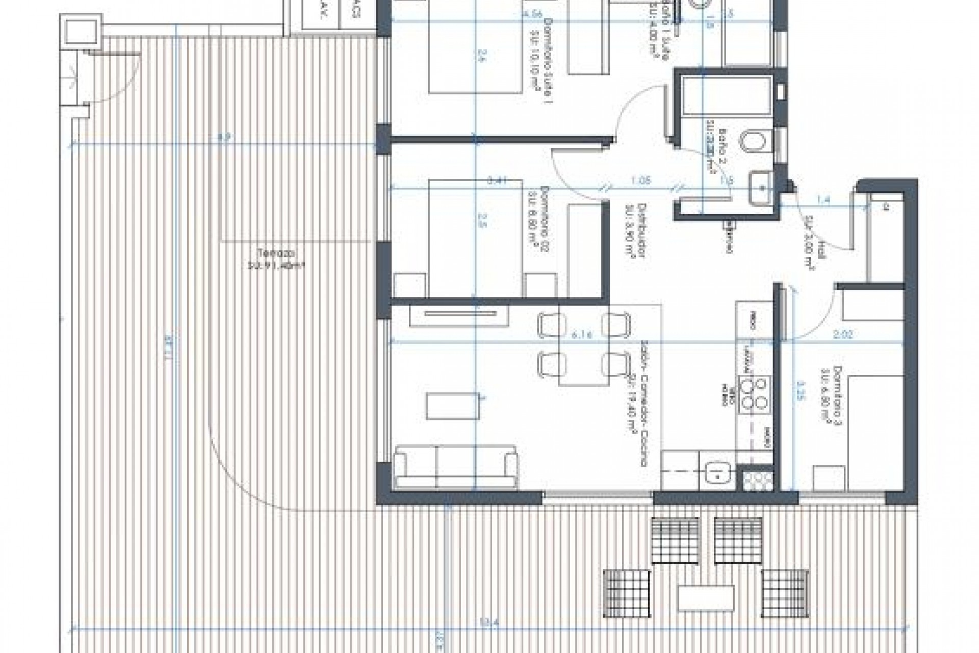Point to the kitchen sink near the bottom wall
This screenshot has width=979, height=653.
pyautogui.click(x=717, y=472)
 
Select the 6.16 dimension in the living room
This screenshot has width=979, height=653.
pyautogui.click(x=581, y=335)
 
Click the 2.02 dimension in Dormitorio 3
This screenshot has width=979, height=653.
pyautogui.click(x=842, y=335)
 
